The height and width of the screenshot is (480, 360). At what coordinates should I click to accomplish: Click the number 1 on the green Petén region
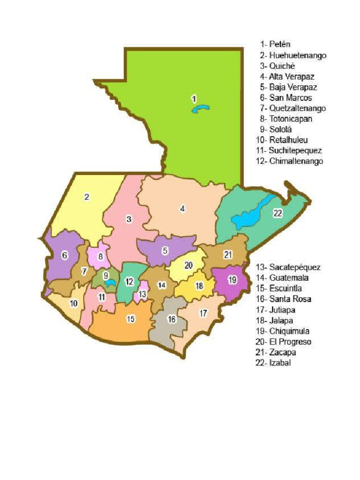[x=194, y=98]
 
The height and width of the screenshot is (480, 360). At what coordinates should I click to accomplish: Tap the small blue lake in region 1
[x=201, y=109]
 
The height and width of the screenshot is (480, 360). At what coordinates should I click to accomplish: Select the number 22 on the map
[x=278, y=213]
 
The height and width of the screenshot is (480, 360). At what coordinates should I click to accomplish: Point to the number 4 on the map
[x=182, y=209]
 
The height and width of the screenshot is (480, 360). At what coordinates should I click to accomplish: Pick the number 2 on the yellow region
[x=87, y=197]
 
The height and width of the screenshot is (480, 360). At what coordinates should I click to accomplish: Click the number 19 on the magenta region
[x=232, y=280]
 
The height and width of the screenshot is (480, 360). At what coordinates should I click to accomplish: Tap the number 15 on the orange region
[x=131, y=319]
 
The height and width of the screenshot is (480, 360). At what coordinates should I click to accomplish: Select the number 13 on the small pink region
[x=142, y=294]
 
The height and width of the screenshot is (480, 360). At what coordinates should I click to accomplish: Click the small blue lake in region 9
[x=110, y=283]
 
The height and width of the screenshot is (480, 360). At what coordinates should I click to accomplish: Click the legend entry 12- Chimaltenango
[x=290, y=161]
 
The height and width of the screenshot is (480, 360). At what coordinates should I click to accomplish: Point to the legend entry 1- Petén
[x=276, y=45]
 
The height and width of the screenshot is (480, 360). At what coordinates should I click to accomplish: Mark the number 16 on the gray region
[x=172, y=319]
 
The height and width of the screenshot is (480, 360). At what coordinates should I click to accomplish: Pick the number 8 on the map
[x=100, y=256]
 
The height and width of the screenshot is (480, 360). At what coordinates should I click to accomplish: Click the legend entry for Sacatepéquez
[x=288, y=267]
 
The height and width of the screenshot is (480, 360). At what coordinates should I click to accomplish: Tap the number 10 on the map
[x=74, y=303]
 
